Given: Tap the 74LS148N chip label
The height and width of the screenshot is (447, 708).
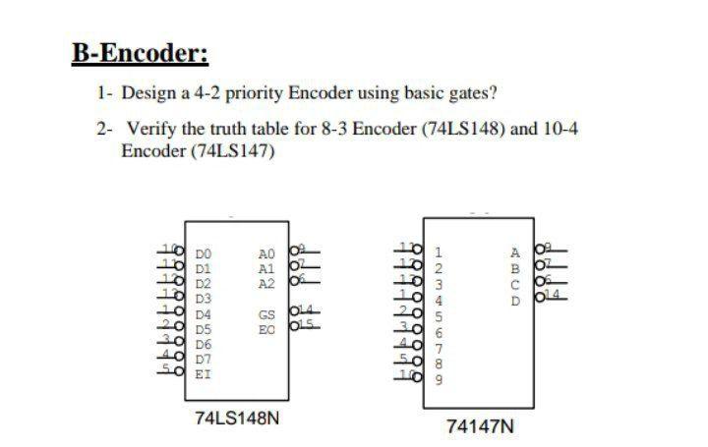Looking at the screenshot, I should tap(237, 419).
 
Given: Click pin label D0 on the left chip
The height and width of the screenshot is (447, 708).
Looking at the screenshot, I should tap(203, 253).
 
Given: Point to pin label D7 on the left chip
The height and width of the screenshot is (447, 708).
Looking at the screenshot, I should tap(203, 360).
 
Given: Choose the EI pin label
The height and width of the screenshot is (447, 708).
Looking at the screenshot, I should tap(203, 374).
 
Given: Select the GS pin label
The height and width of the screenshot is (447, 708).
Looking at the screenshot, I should tap(265, 315).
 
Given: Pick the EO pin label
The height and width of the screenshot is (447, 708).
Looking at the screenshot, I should tap(265, 330).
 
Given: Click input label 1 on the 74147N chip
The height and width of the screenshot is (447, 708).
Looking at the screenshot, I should tap(439, 252).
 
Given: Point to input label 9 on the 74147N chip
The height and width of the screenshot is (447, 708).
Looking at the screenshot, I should tap(439, 378).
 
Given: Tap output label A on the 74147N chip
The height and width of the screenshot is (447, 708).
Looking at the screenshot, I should tap(513, 252).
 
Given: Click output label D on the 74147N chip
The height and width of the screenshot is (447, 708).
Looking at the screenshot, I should tap(513, 301).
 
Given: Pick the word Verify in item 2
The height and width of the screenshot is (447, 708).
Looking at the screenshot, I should tap(149, 129).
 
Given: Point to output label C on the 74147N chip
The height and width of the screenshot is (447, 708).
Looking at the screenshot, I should tap(513, 285).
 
